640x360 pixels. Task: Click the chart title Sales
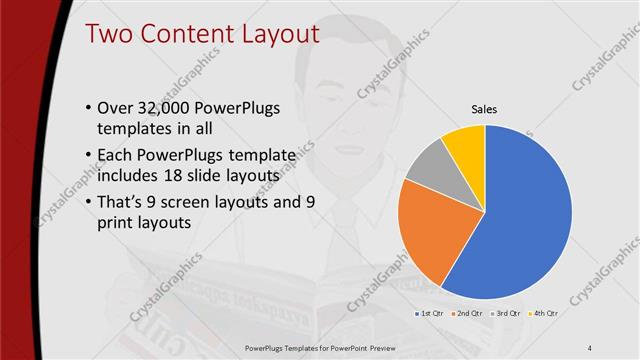(485, 109)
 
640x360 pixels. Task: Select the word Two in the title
(108, 33)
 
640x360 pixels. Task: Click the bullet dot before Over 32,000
(89, 109)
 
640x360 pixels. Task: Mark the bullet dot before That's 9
(89, 200)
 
